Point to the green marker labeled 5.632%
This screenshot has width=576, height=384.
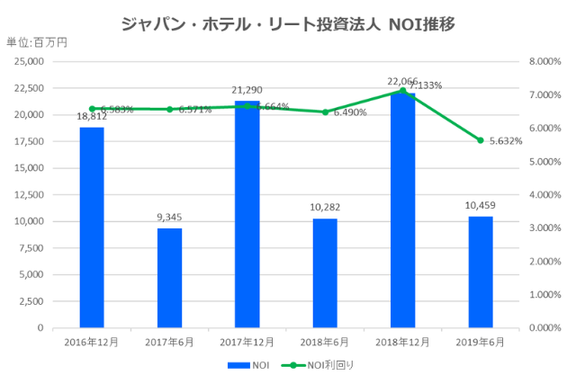click(481, 140)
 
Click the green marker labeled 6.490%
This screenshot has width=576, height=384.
click(326, 112)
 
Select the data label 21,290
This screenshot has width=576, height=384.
click(247, 90)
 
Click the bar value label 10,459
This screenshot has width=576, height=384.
click(481, 205)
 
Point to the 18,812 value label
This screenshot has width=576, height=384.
click(92, 116)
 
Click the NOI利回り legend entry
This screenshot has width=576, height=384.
click(315, 365)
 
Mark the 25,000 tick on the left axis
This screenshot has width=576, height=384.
click(29, 62)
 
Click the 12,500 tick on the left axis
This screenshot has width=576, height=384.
click(29, 195)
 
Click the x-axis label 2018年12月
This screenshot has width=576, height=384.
click(403, 342)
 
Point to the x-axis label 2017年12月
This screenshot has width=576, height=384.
click(247, 342)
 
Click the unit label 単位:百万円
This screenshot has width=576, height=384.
click(37, 42)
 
